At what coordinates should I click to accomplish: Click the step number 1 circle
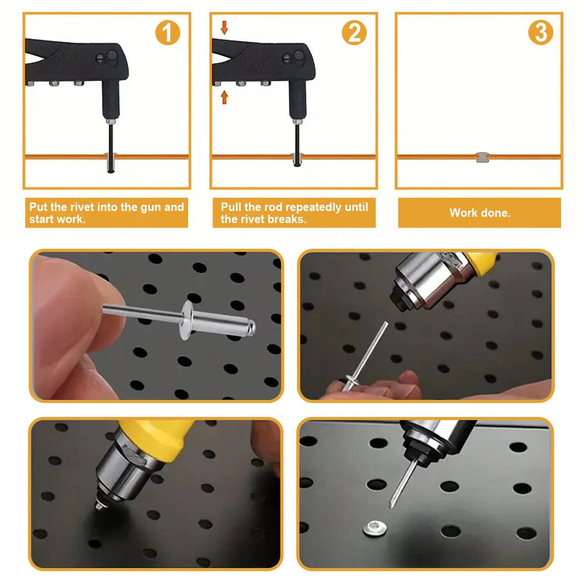167,33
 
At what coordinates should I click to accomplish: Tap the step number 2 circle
354,33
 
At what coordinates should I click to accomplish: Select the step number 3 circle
540,33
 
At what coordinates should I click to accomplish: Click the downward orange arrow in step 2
224,28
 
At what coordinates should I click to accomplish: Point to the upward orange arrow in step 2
224,97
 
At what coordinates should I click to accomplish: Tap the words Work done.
480,213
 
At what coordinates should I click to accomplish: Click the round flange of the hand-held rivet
186,320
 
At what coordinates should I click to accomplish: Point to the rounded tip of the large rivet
251,327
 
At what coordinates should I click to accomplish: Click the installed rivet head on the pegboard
375,528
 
